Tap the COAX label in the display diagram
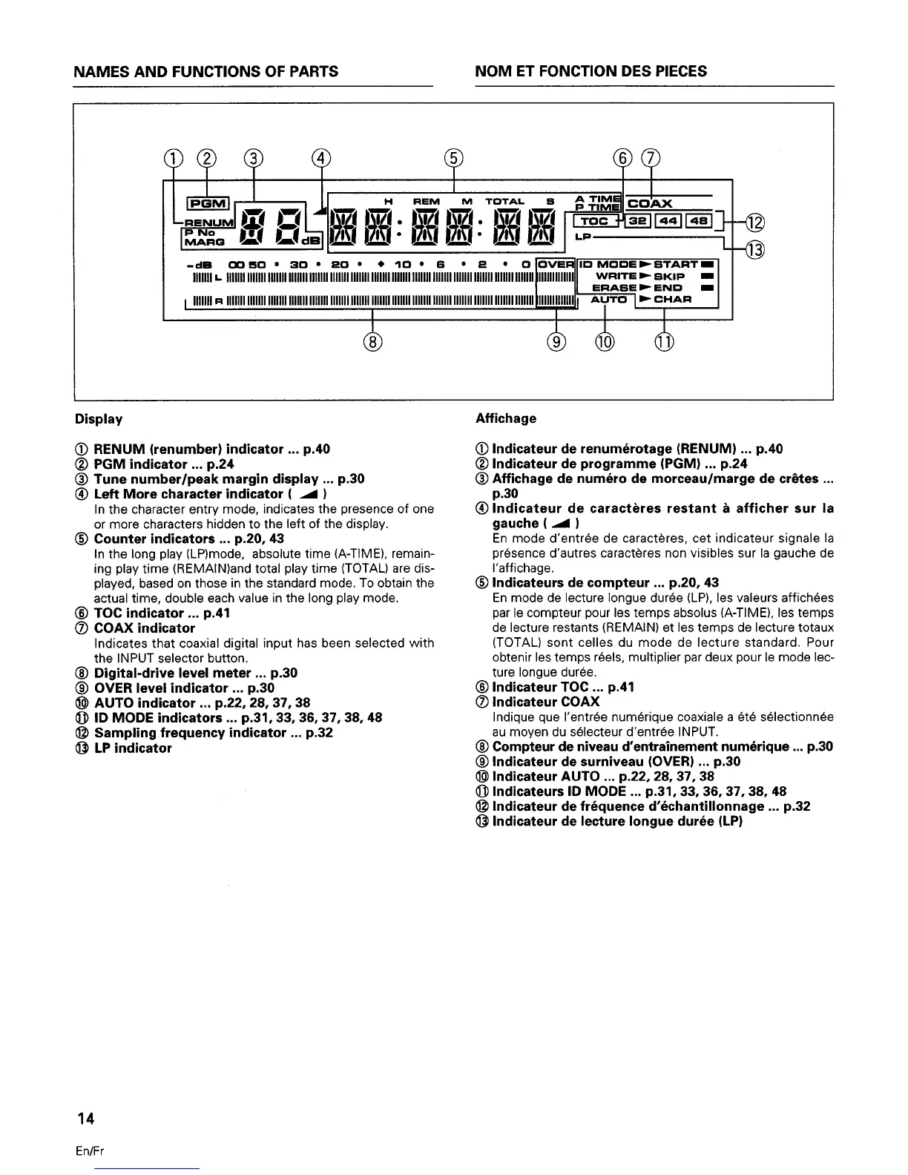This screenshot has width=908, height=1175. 651,203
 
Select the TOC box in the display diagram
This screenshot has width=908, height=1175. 593,220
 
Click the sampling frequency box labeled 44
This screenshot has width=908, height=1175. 668,220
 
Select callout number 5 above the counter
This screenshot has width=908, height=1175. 453,157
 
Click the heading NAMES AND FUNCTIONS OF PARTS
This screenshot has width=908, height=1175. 206,71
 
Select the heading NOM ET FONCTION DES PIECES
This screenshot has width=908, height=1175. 591,71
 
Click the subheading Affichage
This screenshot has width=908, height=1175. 505,418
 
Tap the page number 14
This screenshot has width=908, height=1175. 84,1118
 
